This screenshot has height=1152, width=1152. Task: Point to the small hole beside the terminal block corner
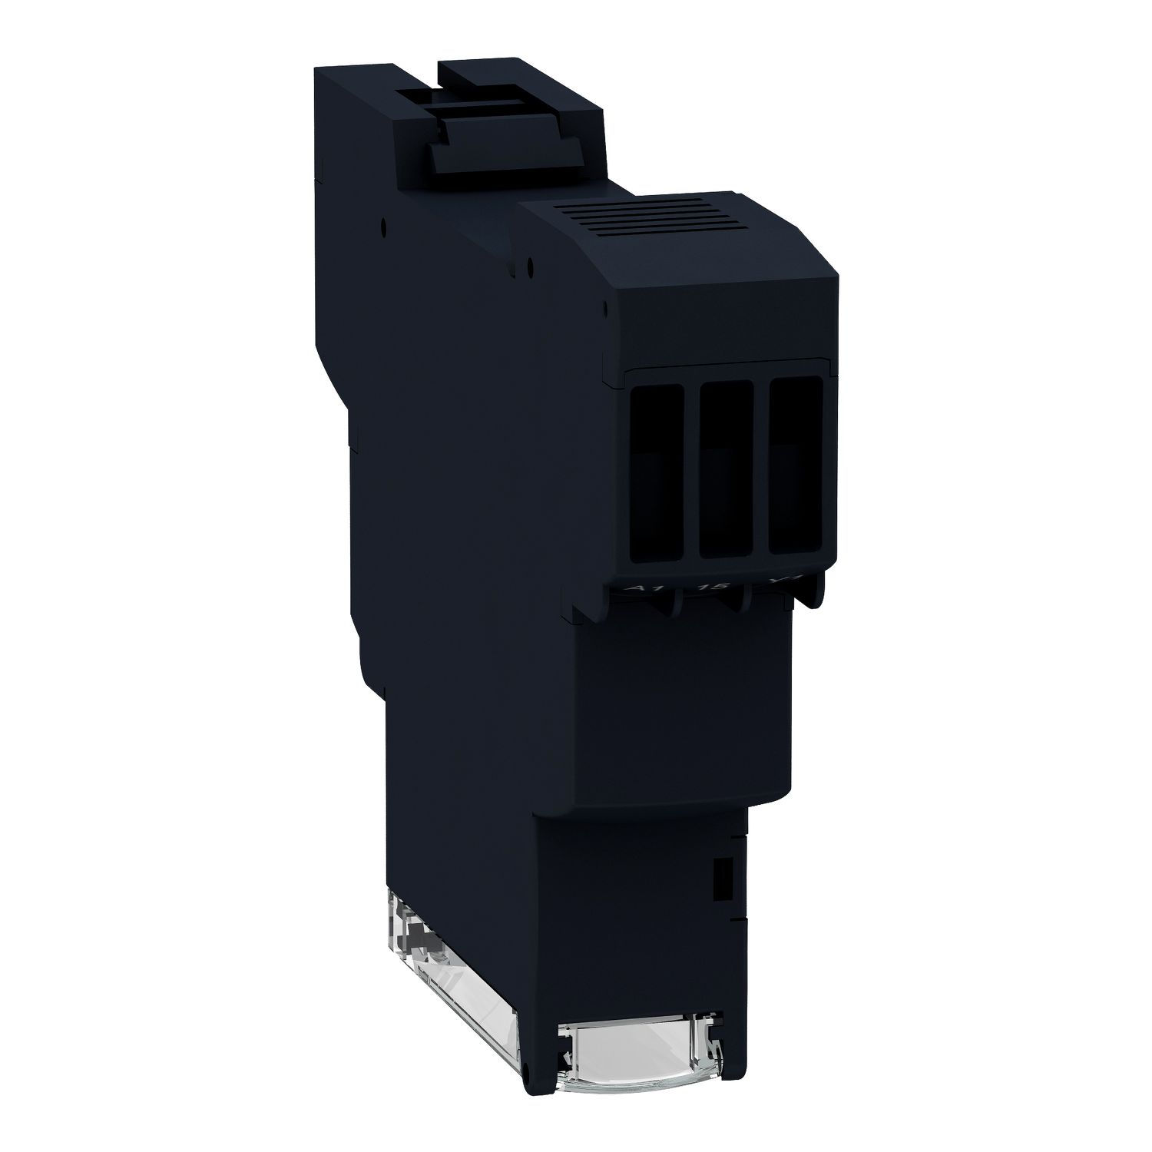click(x=607, y=307)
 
